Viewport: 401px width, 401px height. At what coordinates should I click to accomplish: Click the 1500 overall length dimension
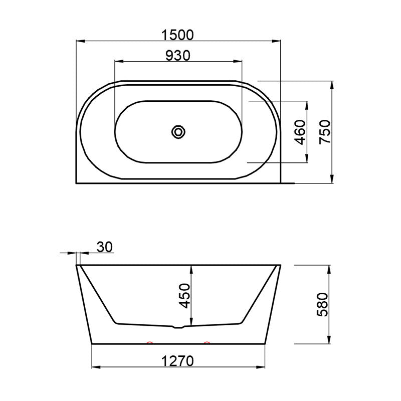coord(178,35)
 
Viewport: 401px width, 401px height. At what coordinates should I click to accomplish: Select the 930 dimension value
coord(178,56)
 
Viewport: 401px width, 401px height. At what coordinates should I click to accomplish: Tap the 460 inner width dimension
coord(300,132)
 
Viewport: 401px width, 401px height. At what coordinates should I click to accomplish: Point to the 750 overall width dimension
coord(325,132)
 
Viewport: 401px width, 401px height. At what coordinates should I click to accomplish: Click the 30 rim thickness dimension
coord(105,247)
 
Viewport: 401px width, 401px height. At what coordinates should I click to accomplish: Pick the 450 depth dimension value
coord(184,296)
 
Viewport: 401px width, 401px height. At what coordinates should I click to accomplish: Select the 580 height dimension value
coord(322,305)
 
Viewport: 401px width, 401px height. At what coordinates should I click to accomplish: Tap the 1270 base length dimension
coord(178,361)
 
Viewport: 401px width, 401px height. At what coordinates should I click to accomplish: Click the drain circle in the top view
coord(178,132)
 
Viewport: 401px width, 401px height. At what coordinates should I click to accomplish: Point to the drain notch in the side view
coord(178,327)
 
